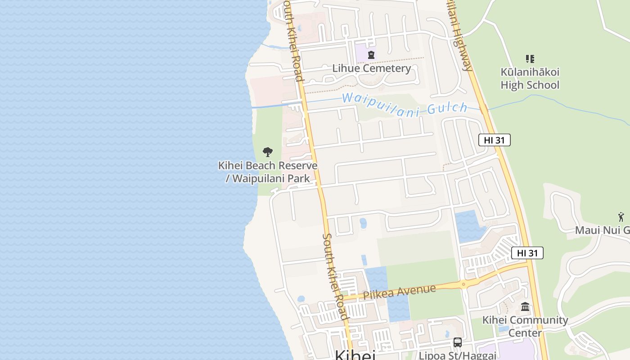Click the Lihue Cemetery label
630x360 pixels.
371,68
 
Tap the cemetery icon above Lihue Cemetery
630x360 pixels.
371,55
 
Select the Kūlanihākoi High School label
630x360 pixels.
530,79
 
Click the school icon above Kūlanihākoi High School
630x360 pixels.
530,59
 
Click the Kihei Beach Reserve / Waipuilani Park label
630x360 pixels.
268,172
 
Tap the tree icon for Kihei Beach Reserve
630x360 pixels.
267,152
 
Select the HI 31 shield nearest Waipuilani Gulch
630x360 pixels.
494,140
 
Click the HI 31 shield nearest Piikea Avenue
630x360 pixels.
527,253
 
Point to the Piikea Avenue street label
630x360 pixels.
399,292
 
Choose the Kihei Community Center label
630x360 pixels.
525,326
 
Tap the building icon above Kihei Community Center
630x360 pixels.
525,307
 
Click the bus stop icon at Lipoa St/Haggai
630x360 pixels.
458,342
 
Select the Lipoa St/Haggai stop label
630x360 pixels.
457,355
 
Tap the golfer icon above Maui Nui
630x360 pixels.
621,217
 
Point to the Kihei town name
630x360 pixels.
355,355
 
